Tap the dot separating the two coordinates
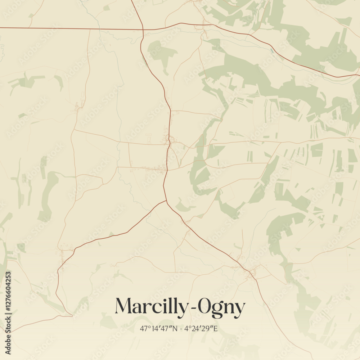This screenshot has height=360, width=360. tap(181, 329)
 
